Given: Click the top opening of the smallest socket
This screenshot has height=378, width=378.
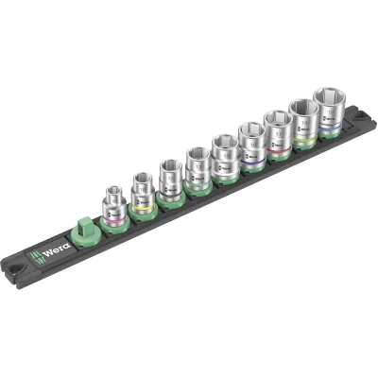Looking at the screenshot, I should point(112,190).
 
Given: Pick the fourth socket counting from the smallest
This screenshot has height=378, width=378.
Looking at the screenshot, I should point(198,169).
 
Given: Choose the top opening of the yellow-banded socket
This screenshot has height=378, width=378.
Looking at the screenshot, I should point(142,176).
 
